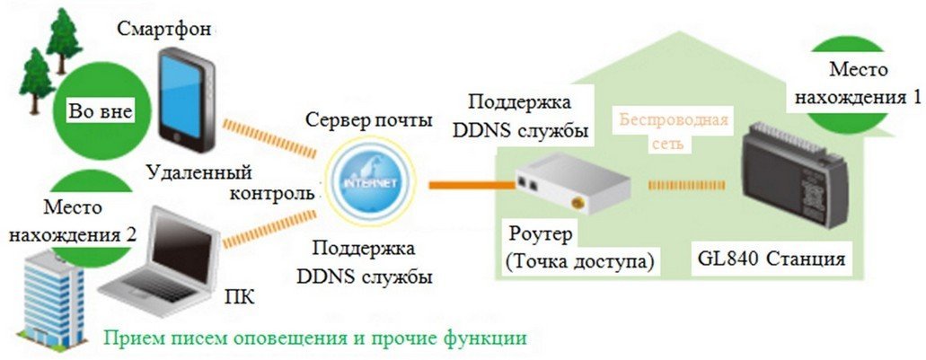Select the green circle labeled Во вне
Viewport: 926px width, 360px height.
100,111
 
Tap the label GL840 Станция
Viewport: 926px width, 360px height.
771,259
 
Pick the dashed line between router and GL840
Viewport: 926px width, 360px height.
687,186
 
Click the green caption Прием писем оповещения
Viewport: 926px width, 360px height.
314,338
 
